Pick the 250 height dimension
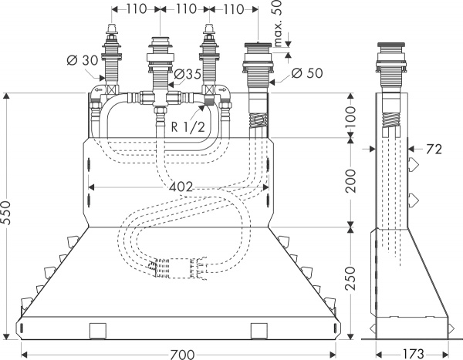tap(351, 274)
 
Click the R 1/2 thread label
tap(187, 127)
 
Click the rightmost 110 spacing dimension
tap(225, 9)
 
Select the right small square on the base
tap(259, 330)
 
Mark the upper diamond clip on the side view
tap(416, 164)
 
